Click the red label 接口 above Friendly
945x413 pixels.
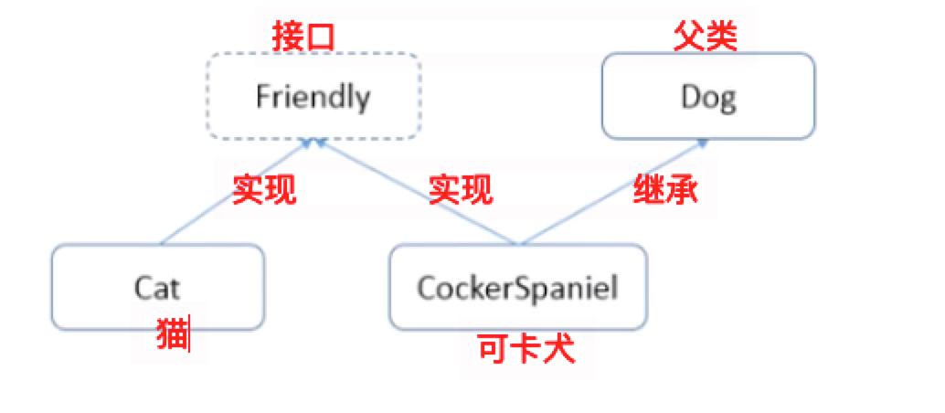tap(304, 37)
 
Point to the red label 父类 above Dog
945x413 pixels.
tap(705, 37)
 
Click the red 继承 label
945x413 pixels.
tap(666, 190)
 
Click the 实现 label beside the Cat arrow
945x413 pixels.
tap(264, 190)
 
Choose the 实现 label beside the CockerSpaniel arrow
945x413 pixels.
tap(461, 190)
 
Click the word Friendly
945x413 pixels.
tap(313, 97)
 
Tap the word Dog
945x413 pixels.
tap(708, 96)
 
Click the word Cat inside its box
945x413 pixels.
tap(157, 288)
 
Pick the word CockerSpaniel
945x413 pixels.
tap(517, 288)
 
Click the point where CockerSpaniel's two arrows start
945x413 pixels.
tap(519, 244)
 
